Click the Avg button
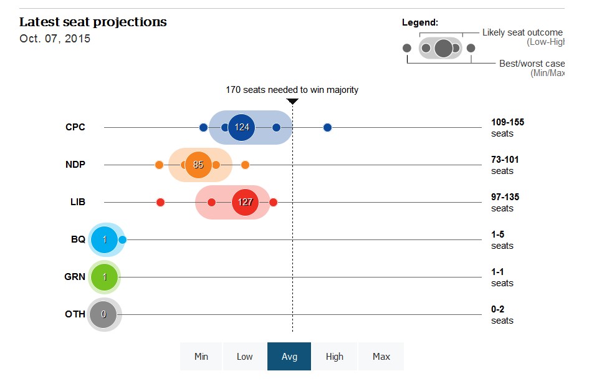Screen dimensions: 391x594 click(x=289, y=357)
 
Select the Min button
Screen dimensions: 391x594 click(x=201, y=357)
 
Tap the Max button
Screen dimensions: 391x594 click(x=381, y=357)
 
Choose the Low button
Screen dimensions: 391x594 click(x=244, y=357)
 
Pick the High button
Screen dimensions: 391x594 click(x=335, y=357)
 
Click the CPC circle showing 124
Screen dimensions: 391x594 click(x=242, y=127)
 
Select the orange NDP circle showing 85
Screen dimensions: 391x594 click(x=198, y=165)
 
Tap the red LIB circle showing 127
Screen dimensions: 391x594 click(x=244, y=202)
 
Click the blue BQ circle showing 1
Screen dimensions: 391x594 click(x=104, y=239)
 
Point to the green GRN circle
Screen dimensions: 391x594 click(x=104, y=277)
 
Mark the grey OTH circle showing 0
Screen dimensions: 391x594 click(x=103, y=314)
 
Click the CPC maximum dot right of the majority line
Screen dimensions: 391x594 click(x=328, y=128)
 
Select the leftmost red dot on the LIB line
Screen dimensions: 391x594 click(x=160, y=202)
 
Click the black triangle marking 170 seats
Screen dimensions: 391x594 click(x=292, y=101)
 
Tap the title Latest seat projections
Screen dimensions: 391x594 click(x=93, y=22)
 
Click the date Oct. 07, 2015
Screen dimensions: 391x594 click(x=55, y=39)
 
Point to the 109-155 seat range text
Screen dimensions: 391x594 click(x=507, y=122)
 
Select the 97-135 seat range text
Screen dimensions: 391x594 click(x=505, y=197)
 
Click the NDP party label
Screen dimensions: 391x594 click(x=75, y=165)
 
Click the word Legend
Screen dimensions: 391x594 click(x=419, y=22)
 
